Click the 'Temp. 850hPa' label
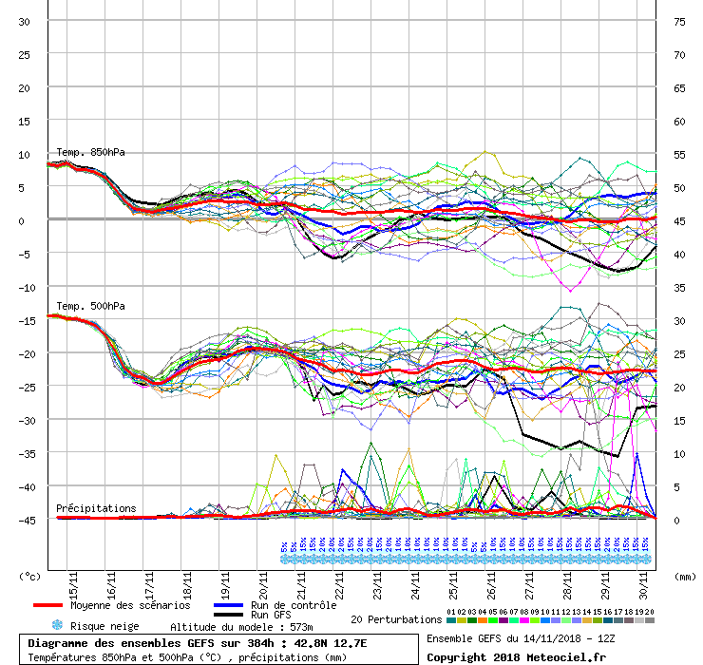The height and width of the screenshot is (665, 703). [x=90, y=152]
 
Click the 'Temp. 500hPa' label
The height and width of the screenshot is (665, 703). [x=90, y=306]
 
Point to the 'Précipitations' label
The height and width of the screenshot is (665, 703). [x=96, y=508]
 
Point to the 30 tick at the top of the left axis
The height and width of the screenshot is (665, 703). [x=24, y=22]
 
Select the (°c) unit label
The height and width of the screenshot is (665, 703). [x=30, y=576]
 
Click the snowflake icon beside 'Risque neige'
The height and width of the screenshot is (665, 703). [x=56, y=625]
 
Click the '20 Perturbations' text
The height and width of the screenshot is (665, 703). [x=396, y=619]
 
